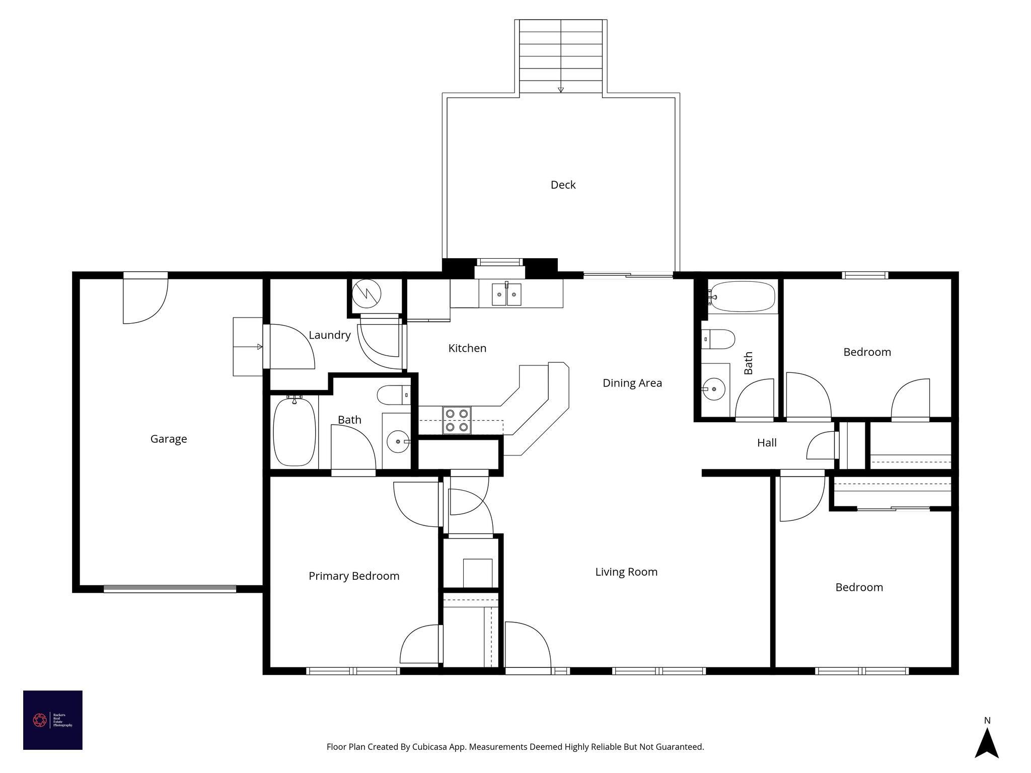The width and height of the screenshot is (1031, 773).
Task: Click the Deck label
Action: [x=563, y=185]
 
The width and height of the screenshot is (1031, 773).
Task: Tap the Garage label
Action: [x=169, y=439]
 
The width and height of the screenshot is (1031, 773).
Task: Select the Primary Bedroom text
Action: [x=354, y=576]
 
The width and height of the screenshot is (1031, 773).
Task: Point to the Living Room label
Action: [x=626, y=572]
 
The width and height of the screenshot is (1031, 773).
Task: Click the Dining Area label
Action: [x=632, y=383]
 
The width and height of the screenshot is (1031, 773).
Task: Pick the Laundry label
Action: [x=329, y=335]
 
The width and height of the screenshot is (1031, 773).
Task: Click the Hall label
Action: [x=767, y=443]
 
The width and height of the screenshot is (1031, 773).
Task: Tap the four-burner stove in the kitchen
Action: [x=457, y=420]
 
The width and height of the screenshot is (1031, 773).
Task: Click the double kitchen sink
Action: [x=506, y=294]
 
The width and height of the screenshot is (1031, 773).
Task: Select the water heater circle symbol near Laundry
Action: [x=366, y=294]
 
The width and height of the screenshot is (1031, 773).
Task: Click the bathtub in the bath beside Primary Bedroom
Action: [x=294, y=431]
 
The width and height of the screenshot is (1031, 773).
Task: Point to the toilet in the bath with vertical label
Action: [x=719, y=339]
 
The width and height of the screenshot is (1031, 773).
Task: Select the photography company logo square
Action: [x=53, y=720]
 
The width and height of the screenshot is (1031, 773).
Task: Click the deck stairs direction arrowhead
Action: [x=561, y=90]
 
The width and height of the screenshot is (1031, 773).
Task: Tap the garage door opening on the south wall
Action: [x=170, y=589]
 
